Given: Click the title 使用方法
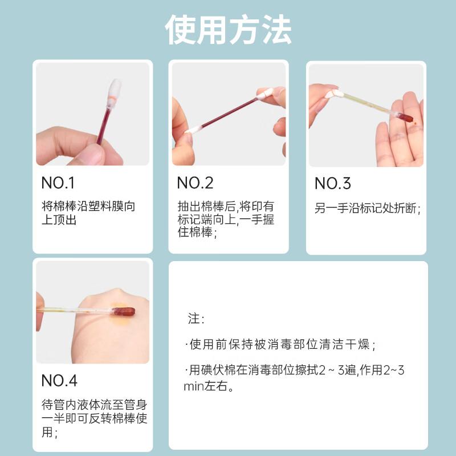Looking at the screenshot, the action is (229, 30).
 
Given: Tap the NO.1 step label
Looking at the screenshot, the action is (58, 183).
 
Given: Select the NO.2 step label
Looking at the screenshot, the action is (195, 183).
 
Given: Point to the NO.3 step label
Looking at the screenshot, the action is (333, 184).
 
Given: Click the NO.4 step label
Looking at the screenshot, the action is (59, 380).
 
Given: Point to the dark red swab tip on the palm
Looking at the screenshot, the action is (406, 117).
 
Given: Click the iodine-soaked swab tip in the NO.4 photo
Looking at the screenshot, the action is (124, 312).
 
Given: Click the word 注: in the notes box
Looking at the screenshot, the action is (196, 319).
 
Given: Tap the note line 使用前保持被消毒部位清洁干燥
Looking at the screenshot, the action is (279, 344).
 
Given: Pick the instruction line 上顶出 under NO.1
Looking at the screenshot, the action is (59, 219).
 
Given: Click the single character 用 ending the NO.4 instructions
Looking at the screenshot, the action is (47, 432).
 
